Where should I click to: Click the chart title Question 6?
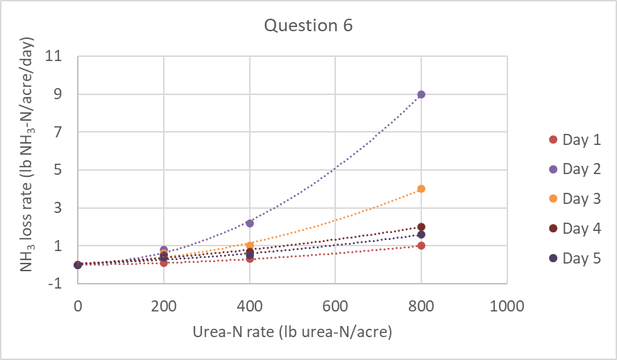click(x=308, y=26)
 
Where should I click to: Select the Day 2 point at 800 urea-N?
click(x=421, y=94)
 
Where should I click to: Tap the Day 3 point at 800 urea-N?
click(x=421, y=189)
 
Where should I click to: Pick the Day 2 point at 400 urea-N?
click(x=249, y=223)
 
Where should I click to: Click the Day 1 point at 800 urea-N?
click(x=421, y=246)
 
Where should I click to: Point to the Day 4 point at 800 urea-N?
click(x=421, y=227)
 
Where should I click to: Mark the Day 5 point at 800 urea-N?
click(x=421, y=234)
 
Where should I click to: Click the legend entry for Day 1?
click(x=573, y=139)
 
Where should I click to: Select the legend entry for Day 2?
click(x=573, y=169)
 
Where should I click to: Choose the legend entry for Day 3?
click(x=573, y=198)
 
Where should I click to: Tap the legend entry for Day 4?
click(x=573, y=228)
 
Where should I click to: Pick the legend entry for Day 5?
click(x=573, y=258)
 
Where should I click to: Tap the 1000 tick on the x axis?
click(x=507, y=305)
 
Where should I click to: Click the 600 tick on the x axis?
click(x=335, y=305)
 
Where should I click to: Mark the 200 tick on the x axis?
click(x=163, y=305)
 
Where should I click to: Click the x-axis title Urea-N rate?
click(x=292, y=333)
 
